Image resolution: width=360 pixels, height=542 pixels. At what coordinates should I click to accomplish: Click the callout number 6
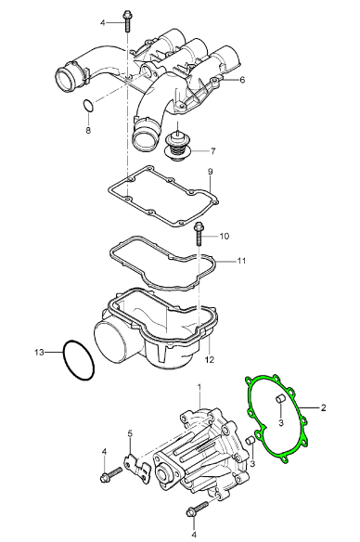coord(242,80)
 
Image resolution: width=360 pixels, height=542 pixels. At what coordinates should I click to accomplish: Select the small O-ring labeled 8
coord(88,106)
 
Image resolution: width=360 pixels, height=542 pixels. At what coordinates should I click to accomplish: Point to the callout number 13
coord(39,353)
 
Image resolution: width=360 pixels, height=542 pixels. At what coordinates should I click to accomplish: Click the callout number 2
coord(323,407)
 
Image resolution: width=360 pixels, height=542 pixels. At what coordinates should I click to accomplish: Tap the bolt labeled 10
coord(199,234)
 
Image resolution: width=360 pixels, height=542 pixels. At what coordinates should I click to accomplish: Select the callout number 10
coord(224,236)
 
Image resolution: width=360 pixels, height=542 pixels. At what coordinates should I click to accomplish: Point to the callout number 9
coord(210,172)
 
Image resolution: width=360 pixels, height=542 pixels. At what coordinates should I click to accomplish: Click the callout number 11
coord(241,260)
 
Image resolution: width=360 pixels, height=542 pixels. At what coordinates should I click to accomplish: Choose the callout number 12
coord(210,359)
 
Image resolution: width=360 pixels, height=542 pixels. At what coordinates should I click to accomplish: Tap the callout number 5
coord(130,433)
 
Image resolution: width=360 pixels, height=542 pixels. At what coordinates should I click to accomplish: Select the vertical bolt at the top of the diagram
coord(126,20)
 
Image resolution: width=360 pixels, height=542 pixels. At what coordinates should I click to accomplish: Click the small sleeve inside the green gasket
coord(280,400)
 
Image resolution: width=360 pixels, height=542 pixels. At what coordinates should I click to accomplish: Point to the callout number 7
coord(212,151)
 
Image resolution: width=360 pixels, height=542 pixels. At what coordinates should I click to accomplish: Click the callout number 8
coord(88,130)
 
